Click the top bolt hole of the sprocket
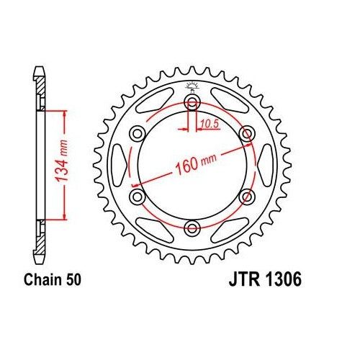192,102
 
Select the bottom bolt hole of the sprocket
192,228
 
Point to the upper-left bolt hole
137,134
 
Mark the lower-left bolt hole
137,197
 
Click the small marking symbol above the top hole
192,87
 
